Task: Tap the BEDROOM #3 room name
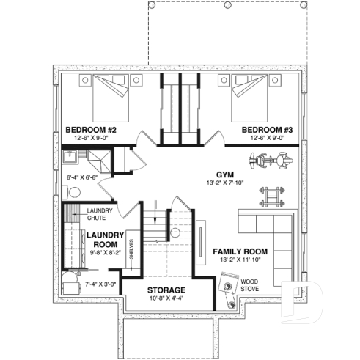coord(268,130)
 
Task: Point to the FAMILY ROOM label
coord(240,251)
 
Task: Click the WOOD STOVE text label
coord(249,284)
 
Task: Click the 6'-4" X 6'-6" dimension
coord(82,177)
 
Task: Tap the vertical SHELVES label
coord(131,249)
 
